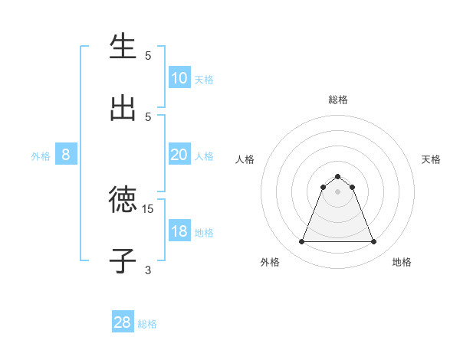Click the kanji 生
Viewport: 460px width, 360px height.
pyautogui.click(x=123, y=47)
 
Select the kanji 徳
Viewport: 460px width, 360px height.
pyautogui.click(x=123, y=201)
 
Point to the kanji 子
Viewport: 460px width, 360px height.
pyautogui.click(x=123, y=260)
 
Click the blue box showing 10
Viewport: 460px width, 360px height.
pyautogui.click(x=179, y=78)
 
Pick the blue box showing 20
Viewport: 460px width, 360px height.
pyautogui.click(x=179, y=155)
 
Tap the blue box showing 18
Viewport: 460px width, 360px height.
pyautogui.click(x=179, y=231)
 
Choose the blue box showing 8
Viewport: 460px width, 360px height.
pyautogui.click(x=66, y=155)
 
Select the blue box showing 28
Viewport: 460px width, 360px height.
pyautogui.click(x=123, y=322)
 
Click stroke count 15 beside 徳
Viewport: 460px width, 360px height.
pyautogui.click(x=148, y=208)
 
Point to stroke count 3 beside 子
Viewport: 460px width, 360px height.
pyautogui.click(x=148, y=270)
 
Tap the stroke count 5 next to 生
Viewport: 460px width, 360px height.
pyautogui.click(x=148, y=55)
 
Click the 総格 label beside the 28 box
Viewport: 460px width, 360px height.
pyautogui.click(x=147, y=324)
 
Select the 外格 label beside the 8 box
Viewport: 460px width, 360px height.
pyautogui.click(x=41, y=156)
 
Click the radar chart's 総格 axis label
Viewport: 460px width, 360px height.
pyautogui.click(x=338, y=100)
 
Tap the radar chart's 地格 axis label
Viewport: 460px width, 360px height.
pyautogui.click(x=402, y=262)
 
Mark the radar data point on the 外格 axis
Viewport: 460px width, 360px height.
pyautogui.click(x=301, y=242)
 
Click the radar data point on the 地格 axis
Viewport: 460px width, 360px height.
pyautogui.click(x=374, y=242)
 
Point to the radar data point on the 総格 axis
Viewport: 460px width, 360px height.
pyautogui.click(x=338, y=176)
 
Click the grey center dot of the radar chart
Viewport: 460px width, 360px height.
pyautogui.click(x=338, y=191)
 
